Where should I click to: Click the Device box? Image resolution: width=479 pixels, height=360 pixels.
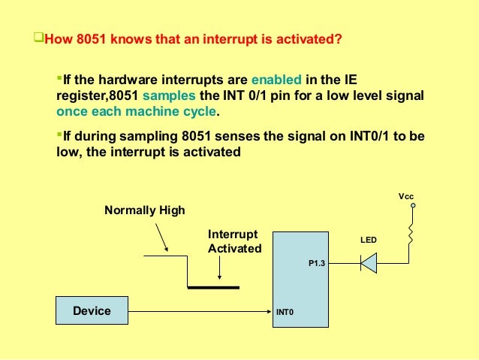pyautogui.click(x=92, y=310)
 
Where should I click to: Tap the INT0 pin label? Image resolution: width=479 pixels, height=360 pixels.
pyautogui.click(x=285, y=311)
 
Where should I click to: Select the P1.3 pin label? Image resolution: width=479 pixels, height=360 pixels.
pyautogui.click(x=316, y=264)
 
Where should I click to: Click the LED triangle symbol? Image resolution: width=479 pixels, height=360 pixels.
pyautogui.click(x=368, y=262)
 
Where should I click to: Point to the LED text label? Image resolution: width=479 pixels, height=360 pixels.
pyautogui.click(x=369, y=241)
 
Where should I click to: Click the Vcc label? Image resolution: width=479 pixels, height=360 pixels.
pyautogui.click(x=405, y=196)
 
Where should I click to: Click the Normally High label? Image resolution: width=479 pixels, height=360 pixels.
pyautogui.click(x=144, y=210)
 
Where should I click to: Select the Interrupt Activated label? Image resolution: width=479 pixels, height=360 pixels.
pyautogui.click(x=234, y=241)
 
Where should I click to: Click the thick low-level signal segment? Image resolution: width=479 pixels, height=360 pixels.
pyautogui.click(x=213, y=287)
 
